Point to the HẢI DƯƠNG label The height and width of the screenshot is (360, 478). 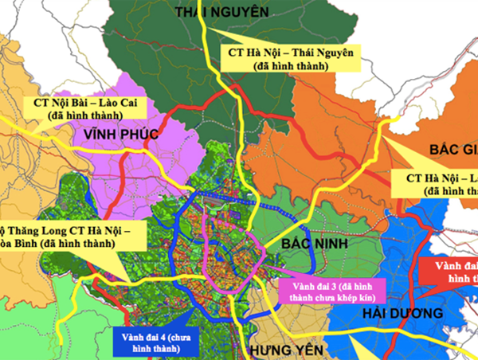click(x=396, y=313)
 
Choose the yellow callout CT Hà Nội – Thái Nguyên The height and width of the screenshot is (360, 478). click(x=289, y=58)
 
